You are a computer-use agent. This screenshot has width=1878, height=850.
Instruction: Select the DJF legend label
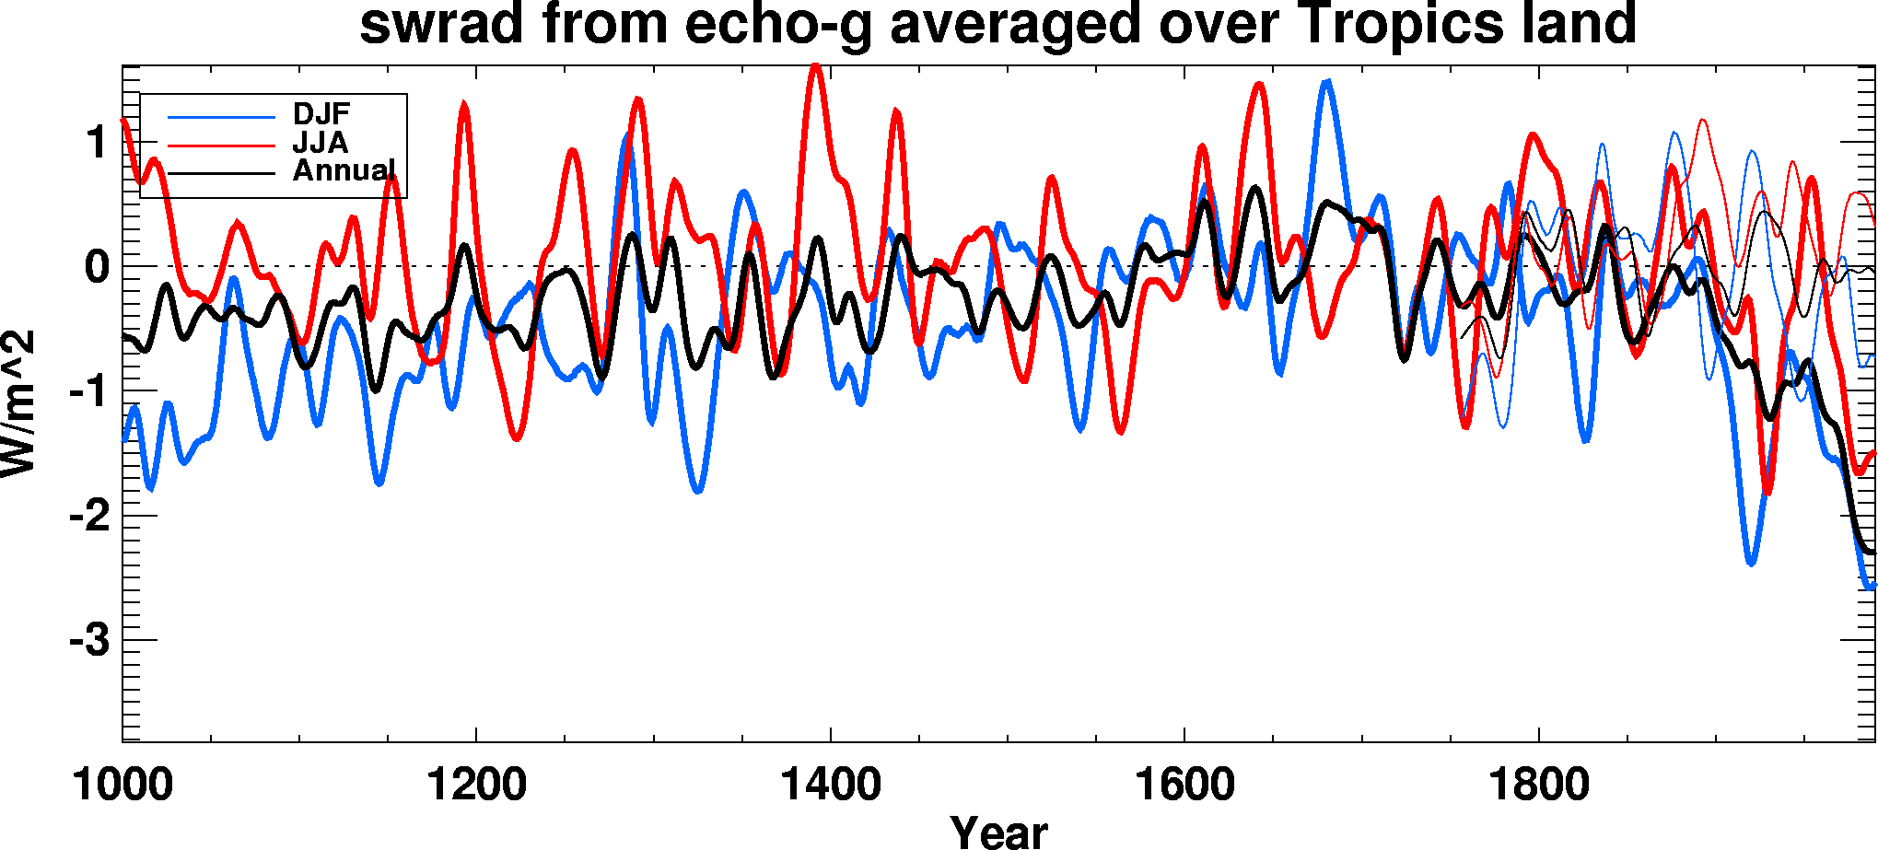[x=321, y=114]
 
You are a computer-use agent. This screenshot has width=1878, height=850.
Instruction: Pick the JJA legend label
[x=320, y=143]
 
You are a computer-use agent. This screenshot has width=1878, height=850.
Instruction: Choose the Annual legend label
[x=344, y=171]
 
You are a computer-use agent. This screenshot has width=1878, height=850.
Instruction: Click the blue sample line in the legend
[x=221, y=117]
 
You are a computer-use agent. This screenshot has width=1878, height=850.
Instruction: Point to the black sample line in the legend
[x=221, y=173]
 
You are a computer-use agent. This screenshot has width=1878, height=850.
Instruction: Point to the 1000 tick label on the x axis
[x=122, y=786]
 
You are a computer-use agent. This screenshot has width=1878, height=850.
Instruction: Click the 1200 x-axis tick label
[x=476, y=786]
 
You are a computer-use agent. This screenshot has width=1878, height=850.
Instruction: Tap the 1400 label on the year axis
[x=830, y=786]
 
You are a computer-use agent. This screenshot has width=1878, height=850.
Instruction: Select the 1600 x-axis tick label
[x=1184, y=786]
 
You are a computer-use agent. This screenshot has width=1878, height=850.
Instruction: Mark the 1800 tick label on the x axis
[x=1538, y=786]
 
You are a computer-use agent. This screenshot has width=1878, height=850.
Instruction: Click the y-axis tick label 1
[x=98, y=144]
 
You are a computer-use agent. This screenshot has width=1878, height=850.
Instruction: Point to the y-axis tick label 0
[x=97, y=268]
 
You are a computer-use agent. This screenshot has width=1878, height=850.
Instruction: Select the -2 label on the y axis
[x=89, y=516]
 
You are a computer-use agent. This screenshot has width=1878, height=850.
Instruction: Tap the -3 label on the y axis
[x=89, y=640]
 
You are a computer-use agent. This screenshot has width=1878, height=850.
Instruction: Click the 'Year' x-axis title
[x=998, y=832]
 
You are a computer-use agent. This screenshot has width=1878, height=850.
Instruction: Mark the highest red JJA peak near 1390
[x=815, y=66]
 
